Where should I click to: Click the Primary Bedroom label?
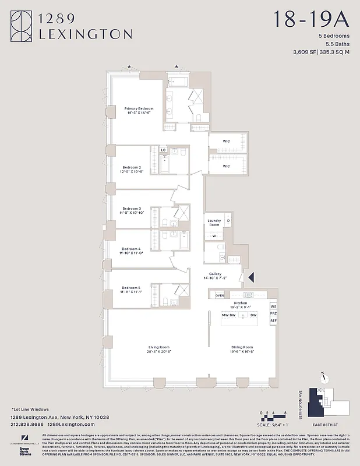[139, 108]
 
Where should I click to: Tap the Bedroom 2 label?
[132, 167]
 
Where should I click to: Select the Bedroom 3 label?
[132, 209]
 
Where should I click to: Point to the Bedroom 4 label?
[132, 249]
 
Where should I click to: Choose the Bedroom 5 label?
[132, 287]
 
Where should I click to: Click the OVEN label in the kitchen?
[220, 295]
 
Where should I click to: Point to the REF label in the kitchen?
[273, 321]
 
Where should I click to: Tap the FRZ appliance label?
[273, 313]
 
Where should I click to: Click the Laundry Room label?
[214, 223]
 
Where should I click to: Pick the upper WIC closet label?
[227, 142]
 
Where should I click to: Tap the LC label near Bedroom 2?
[163, 150]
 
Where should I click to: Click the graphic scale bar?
[269, 417]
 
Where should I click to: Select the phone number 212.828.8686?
[29, 425]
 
